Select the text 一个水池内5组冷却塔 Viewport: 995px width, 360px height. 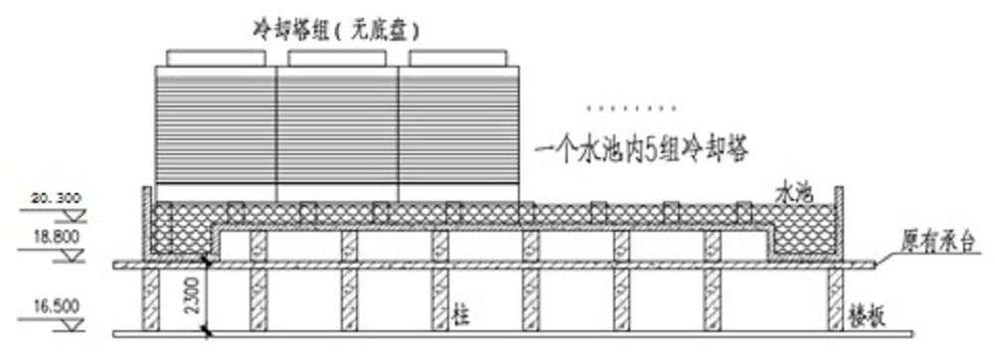(639, 150)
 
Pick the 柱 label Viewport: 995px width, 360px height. (460, 316)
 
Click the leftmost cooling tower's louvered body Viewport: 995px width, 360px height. (215, 125)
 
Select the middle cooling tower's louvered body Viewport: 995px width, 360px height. (336, 125)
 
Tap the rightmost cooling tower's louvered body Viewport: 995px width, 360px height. (457, 125)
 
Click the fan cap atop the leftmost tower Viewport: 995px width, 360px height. (215, 58)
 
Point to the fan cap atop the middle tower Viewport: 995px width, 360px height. (336, 58)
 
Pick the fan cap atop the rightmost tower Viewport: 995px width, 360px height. (457, 58)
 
